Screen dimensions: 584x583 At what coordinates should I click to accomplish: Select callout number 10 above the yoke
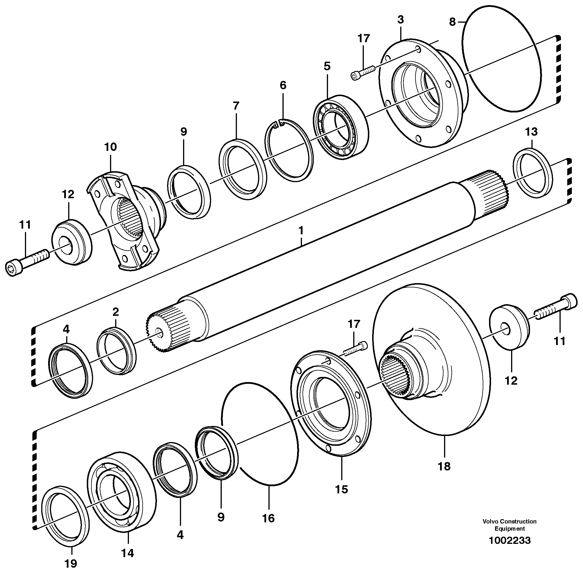[110, 147]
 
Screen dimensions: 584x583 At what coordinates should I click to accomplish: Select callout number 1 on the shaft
[301, 231]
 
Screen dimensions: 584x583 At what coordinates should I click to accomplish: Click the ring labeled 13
[533, 174]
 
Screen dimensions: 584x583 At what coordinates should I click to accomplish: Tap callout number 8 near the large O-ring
[452, 22]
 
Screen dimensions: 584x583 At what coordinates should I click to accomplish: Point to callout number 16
[268, 518]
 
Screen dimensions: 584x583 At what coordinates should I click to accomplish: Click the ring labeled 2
[116, 350]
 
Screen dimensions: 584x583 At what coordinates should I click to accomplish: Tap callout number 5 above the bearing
[327, 66]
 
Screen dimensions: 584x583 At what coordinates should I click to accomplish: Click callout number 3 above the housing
[400, 20]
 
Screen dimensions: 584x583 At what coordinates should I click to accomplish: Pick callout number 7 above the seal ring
[236, 106]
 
